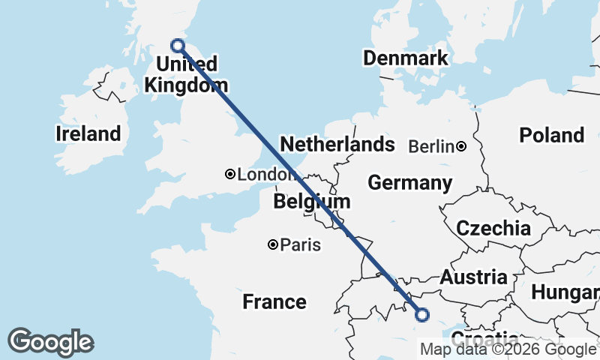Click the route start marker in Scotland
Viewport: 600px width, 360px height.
pyautogui.click(x=178, y=45)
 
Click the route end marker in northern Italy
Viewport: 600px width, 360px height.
pyautogui.click(x=421, y=315)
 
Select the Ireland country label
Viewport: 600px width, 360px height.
pyautogui.click(x=88, y=134)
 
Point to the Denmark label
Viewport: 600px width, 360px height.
pyautogui.click(x=405, y=58)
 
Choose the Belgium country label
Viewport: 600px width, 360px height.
pyautogui.click(x=311, y=202)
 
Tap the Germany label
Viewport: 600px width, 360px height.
pyautogui.click(x=409, y=183)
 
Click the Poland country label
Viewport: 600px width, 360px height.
pyautogui.click(x=552, y=135)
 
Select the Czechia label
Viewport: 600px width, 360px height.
pyautogui.click(x=493, y=229)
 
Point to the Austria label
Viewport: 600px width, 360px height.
pyautogui.click(x=473, y=277)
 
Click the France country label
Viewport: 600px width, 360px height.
pyautogui.click(x=274, y=302)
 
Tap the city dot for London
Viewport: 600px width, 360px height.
pyautogui.click(x=230, y=174)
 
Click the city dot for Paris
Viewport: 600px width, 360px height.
pyautogui.click(x=273, y=244)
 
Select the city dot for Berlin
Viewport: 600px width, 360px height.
pyautogui.click(x=461, y=146)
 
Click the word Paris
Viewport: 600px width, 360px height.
pyautogui.click(x=300, y=244)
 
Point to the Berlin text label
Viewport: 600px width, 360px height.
pyautogui.click(x=431, y=146)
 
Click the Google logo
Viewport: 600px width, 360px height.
pyautogui.click(x=50, y=342)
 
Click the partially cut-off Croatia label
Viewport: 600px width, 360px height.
pyautogui.click(x=483, y=337)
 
